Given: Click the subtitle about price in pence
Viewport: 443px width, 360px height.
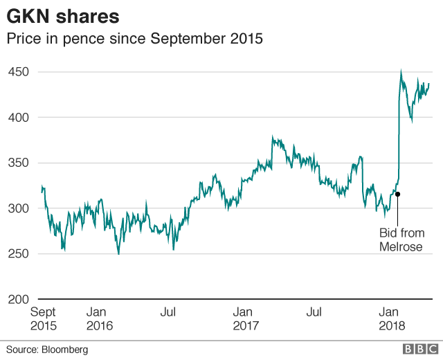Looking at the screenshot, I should point(135,39).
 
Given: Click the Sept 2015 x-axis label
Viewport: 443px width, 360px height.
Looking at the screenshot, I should point(43,318).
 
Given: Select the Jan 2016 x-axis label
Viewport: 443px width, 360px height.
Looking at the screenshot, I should point(100,318).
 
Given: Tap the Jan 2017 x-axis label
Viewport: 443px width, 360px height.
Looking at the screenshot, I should point(246,318).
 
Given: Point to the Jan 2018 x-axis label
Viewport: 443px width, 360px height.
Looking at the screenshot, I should point(392,318).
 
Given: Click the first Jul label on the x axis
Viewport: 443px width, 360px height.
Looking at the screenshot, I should point(168,312).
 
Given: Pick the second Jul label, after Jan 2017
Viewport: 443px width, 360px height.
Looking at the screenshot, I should point(314,312).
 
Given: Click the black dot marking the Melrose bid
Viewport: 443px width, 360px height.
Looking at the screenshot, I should point(398,195).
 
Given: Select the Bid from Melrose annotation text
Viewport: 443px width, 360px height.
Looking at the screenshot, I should point(401,240).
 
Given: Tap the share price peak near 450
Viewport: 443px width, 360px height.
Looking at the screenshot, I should point(401,71).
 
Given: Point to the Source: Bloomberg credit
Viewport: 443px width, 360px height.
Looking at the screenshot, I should point(47,350).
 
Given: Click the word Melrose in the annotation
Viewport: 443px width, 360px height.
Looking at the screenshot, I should point(401,246).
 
